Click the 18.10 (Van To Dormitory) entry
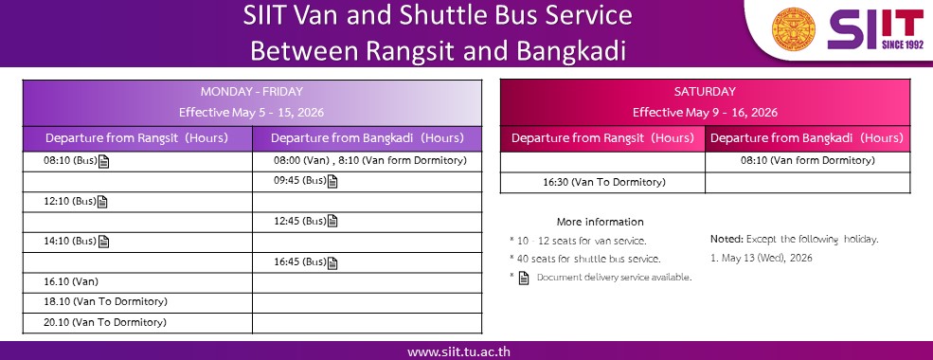(105, 301)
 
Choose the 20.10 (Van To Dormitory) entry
(105, 322)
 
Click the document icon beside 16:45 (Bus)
(332, 262)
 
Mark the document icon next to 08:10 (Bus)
(103, 161)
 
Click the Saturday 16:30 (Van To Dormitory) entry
(604, 182)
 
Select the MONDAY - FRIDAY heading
(252, 92)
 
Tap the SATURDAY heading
(705, 92)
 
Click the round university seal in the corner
(794, 28)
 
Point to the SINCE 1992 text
(903, 45)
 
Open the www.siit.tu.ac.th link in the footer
(458, 351)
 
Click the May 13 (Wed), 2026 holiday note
(761, 259)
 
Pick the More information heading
(601, 222)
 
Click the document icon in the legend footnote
(524, 278)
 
